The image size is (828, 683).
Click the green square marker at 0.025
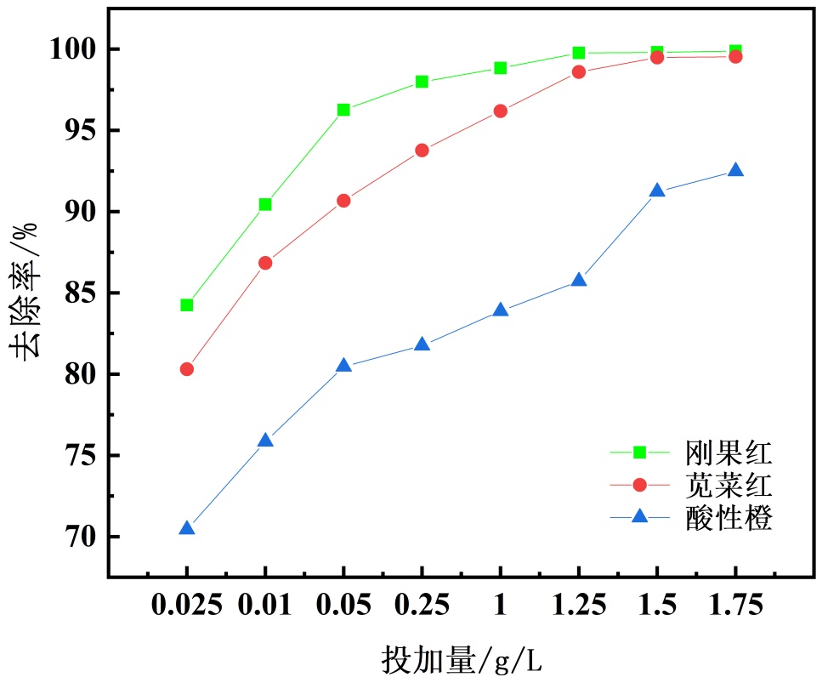tap(187, 305)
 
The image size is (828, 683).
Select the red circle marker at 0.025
tap(187, 369)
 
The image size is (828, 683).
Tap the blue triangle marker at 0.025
tap(187, 529)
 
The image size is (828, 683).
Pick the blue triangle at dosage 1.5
tap(657, 191)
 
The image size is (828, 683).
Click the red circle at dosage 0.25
tap(422, 151)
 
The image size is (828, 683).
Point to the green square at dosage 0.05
tap(343, 110)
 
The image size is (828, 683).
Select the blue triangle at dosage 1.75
tap(735, 171)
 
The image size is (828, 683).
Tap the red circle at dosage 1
tap(500, 111)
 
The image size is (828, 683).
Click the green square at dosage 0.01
tap(265, 204)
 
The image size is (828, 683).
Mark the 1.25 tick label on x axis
tap(578, 606)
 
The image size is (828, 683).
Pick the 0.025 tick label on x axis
tap(187, 606)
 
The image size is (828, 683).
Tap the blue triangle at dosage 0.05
tap(343, 366)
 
